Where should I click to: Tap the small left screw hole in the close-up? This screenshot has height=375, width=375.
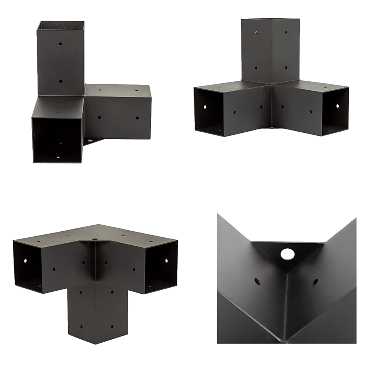pyautogui.click(x=258, y=281)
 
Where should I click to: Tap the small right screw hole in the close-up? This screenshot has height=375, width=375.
pyautogui.click(x=314, y=282)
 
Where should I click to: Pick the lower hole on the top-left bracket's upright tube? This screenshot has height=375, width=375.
pyautogui.click(x=61, y=80)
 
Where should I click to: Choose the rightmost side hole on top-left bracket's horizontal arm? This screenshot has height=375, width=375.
pyautogui.click(x=137, y=118)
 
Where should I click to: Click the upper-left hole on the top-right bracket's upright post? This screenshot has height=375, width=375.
pyautogui.click(x=256, y=33)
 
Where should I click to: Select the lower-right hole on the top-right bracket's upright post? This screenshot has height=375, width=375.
pyautogui.click(x=286, y=68)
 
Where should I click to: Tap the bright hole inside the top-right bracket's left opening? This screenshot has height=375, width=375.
pyautogui.click(x=205, y=107)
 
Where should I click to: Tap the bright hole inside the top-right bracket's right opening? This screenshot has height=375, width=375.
pyautogui.click(x=336, y=106)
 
